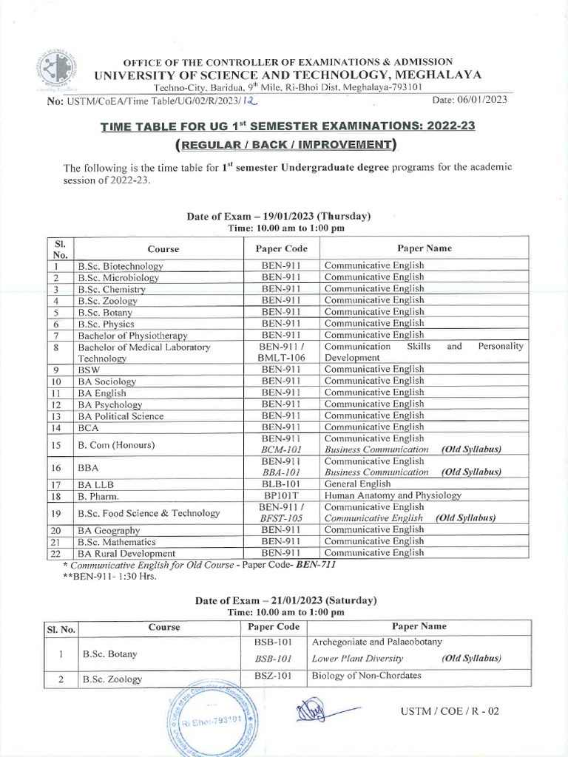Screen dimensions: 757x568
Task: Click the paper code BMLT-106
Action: point(280,357)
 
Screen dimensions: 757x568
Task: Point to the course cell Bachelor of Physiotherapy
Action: point(132,335)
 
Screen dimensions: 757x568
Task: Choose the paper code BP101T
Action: point(280,495)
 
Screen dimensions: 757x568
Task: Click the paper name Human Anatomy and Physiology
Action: point(393,495)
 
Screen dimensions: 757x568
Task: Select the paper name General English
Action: point(356,483)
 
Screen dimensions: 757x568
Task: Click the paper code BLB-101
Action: point(280,483)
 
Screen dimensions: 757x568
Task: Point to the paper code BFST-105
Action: point(280,518)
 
